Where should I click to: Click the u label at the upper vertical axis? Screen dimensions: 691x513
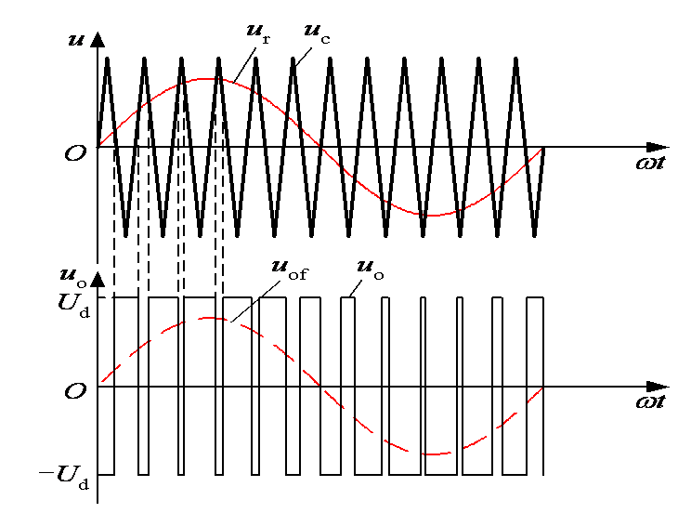tap(75, 41)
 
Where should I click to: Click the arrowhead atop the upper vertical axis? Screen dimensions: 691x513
tap(98, 41)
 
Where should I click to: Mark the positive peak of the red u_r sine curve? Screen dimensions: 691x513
tap(208, 79)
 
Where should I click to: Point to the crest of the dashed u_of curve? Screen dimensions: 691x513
tap(210, 318)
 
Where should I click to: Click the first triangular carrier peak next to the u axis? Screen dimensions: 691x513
tap(107, 59)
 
